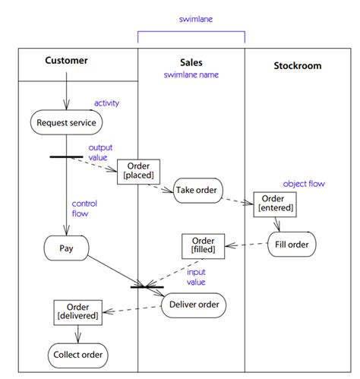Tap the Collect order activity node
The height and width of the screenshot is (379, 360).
tap(77, 355)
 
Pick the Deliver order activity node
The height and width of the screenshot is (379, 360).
tap(193, 305)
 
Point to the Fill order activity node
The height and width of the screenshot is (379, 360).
tap(292, 245)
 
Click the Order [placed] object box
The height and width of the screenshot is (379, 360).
tap(138, 171)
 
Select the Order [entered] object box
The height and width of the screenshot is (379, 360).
tap(275, 202)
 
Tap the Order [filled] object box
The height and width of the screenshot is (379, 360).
tap(203, 245)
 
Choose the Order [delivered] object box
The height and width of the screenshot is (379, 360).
tap(77, 312)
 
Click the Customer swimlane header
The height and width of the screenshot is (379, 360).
tap(66, 61)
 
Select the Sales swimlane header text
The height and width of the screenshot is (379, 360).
tap(191, 62)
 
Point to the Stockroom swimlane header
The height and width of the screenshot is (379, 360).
tap(297, 65)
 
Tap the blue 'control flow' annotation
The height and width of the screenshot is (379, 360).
tap(84, 209)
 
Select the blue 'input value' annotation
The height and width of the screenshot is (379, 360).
tap(196, 276)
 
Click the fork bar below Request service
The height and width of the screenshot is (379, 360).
tap(66, 156)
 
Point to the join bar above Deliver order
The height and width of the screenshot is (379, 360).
tap(147, 287)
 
